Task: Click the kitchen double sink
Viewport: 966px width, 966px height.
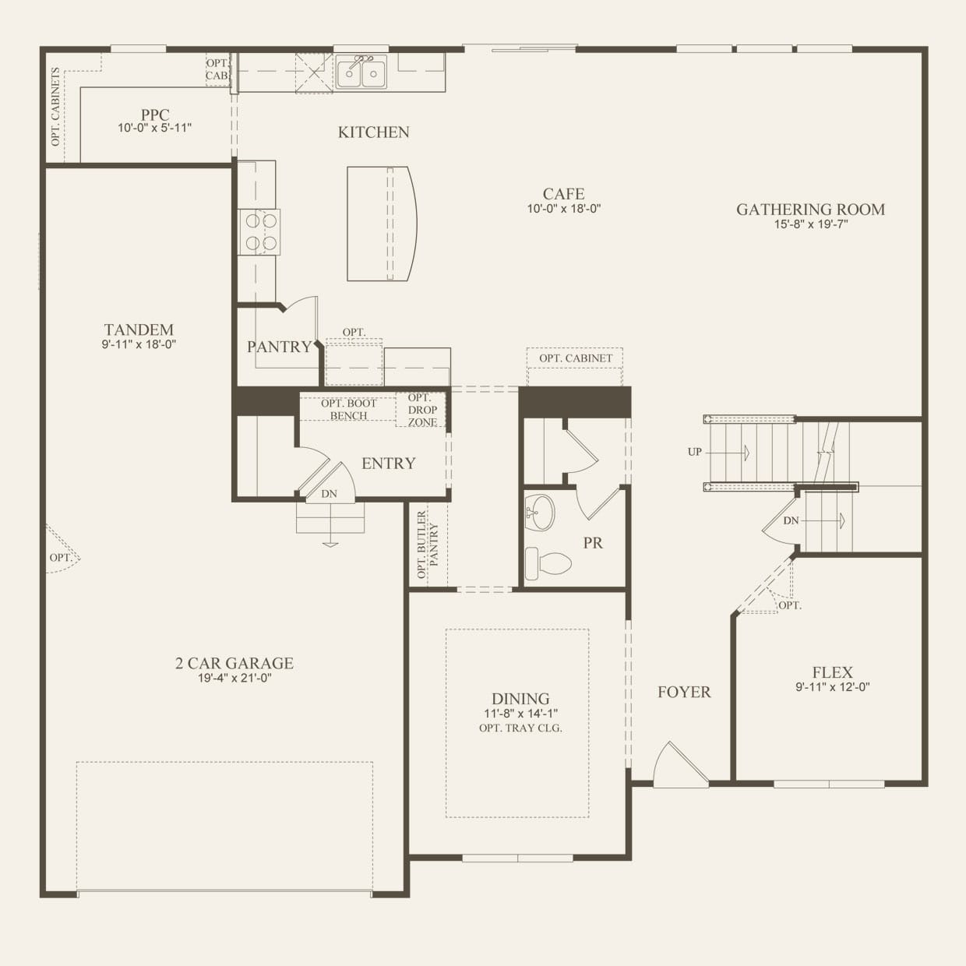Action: [x=361, y=72]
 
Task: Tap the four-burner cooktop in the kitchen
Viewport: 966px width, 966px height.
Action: [x=259, y=232]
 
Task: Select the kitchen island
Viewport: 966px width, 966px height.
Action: [x=382, y=224]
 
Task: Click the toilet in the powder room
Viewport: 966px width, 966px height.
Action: [x=548, y=563]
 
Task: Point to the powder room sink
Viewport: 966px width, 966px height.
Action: [x=540, y=513]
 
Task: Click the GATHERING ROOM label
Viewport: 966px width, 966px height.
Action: [x=811, y=210]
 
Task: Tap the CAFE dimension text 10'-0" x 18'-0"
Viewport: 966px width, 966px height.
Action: [x=564, y=209]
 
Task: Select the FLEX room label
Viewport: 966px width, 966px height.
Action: [x=833, y=672]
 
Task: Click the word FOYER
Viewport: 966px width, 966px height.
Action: [x=684, y=693]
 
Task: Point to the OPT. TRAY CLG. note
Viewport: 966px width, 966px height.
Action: [x=521, y=728]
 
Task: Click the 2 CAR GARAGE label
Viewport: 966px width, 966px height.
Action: [x=234, y=663]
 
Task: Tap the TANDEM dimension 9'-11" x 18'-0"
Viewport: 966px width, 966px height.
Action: [x=139, y=344]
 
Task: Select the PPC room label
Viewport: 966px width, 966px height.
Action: [x=155, y=115]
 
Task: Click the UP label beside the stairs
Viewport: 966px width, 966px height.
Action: [x=695, y=452]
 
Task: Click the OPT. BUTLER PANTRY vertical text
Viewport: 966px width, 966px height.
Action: [x=428, y=545]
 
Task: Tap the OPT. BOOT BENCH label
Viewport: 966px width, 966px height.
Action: [x=349, y=410]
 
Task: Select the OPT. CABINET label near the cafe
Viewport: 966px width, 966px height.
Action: [x=576, y=358]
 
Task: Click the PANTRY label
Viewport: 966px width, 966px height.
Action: [x=279, y=347]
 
